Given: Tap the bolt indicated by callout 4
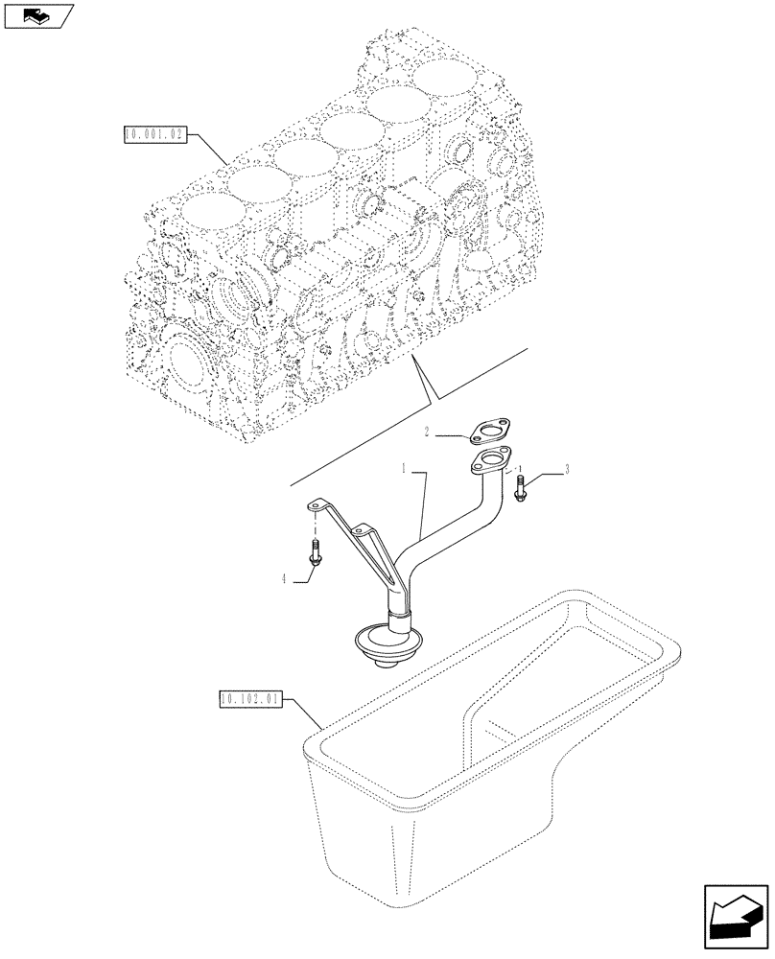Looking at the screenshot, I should click(315, 552).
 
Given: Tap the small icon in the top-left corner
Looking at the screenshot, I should click(37, 15).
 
